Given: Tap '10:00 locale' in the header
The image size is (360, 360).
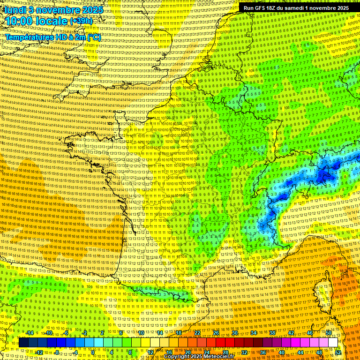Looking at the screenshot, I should (37, 21).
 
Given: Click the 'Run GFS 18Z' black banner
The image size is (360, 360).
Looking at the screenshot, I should (296, 8).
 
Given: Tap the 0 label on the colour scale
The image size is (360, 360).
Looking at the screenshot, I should (93, 352).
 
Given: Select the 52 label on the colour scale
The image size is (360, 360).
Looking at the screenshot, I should (338, 352).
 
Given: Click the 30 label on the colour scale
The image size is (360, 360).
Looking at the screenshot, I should (235, 333).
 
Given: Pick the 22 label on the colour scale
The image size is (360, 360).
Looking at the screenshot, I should (197, 333).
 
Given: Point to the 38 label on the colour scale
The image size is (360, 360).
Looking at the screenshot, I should (272, 333).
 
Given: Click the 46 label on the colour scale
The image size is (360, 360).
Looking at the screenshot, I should (310, 333).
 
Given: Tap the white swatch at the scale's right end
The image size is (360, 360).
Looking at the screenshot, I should (333, 343).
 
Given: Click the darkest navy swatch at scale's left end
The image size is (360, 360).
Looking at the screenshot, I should (23, 343).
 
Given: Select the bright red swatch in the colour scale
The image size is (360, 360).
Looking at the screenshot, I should (220, 343).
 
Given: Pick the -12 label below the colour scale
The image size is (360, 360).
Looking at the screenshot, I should (39, 352).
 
